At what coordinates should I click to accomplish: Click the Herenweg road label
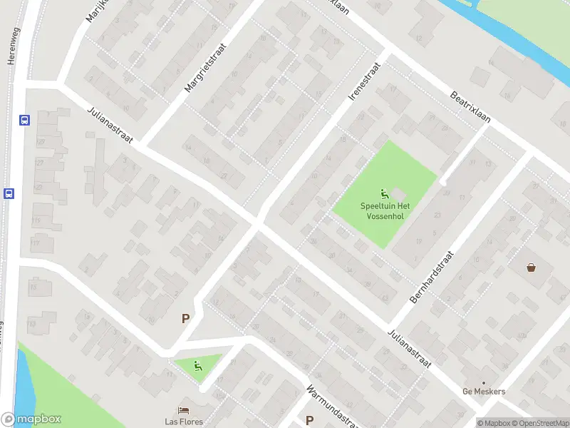[11, 47]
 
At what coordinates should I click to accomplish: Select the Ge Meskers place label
[484, 392]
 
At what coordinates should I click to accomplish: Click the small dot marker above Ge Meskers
[484, 382]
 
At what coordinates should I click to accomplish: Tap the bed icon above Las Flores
[184, 410]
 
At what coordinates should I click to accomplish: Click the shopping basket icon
[531, 268]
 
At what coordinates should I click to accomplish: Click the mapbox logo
[31, 419]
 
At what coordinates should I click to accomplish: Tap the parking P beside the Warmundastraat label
[309, 421]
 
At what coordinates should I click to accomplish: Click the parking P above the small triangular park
[185, 319]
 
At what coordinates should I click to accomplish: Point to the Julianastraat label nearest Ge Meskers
[410, 349]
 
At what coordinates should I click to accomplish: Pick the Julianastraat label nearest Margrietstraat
[111, 126]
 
